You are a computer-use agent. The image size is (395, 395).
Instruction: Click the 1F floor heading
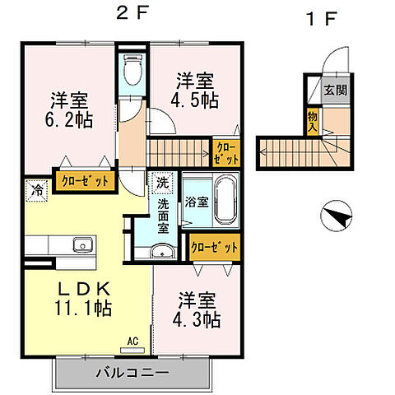tap(320, 18)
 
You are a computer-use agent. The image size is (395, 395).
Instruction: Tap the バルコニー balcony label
tap(132, 373)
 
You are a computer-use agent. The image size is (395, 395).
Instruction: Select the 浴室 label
tap(196, 201)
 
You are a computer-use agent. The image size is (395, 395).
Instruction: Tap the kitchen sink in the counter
tap(82, 244)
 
